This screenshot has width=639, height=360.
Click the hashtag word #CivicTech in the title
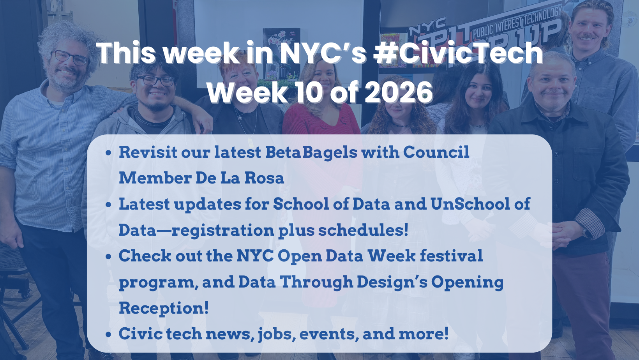pos(458,53)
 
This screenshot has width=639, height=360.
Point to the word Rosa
pos(264,178)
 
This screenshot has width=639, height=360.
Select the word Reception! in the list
pos(164,308)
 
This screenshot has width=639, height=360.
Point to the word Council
pos(436,152)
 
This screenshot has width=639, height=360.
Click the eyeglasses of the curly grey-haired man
pos(70,57)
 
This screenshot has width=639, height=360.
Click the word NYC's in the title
pos(323,53)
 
